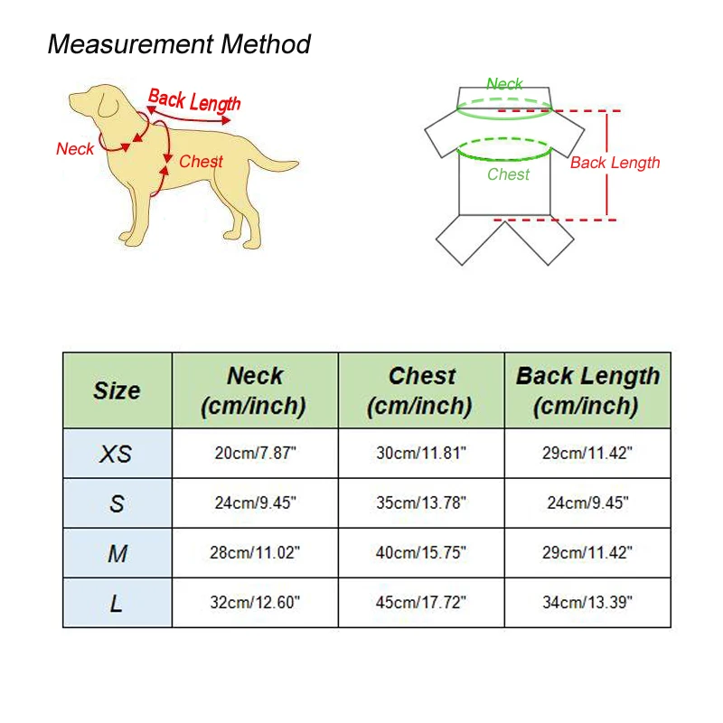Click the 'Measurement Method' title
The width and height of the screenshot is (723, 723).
point(179,44)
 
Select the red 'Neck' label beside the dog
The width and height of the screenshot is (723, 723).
point(75,149)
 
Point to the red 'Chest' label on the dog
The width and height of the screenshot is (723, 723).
point(201,162)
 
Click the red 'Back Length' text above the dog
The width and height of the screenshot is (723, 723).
point(194,100)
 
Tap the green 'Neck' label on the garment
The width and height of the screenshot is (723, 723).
point(504,84)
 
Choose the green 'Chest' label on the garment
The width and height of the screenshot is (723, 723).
point(508,174)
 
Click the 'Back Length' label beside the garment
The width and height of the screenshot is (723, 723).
point(615,163)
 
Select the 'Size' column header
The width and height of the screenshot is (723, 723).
point(117,390)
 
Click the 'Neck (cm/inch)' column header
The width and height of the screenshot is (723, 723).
point(254,391)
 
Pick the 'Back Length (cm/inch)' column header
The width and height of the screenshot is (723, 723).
point(587,391)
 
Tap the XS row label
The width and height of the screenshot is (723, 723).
point(116,454)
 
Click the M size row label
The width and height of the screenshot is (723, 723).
point(117,553)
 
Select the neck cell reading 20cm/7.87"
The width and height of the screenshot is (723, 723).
point(255,454)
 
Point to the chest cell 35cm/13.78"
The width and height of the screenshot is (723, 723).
point(421,503)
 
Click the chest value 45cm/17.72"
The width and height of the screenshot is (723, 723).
point(421,603)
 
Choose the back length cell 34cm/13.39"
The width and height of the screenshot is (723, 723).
point(587,603)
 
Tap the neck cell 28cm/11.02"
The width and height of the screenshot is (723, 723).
point(255,553)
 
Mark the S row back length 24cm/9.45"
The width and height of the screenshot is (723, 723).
point(587,503)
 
